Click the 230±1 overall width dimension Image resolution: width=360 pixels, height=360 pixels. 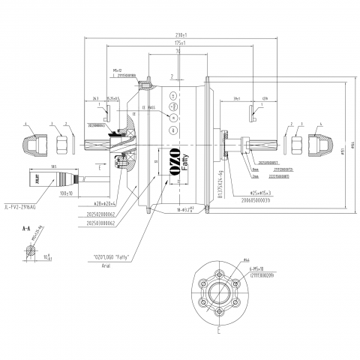[x=180, y=35]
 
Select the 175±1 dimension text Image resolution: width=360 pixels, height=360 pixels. [x=180, y=44]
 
